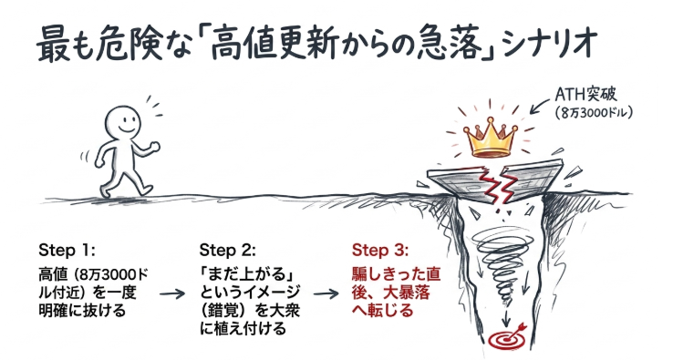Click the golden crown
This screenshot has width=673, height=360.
point(490,138)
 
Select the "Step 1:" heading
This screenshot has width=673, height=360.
point(67,250)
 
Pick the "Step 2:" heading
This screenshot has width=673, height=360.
point(227,250)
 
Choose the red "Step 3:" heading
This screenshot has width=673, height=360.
point(380,250)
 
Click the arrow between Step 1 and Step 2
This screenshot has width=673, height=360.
point(172,293)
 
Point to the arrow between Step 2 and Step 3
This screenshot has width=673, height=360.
point(326,293)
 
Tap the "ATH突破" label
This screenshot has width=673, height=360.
point(585,94)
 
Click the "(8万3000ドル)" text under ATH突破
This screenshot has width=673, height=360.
point(594,113)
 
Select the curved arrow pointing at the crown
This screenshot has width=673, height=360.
point(540,106)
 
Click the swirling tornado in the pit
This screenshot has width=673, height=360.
point(502,266)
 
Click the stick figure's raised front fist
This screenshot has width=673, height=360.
point(155,147)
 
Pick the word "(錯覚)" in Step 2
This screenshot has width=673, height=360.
point(226,310)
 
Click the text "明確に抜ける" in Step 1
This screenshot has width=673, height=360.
point(82,310)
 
